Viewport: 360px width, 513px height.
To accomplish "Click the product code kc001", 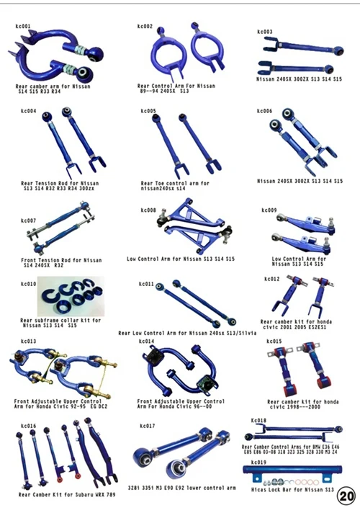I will pyautogui.click(x=23, y=27).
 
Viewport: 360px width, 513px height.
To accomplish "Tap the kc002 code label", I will pyautogui.click(x=145, y=27).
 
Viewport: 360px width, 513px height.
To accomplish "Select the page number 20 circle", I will pyautogui.click(x=346, y=496).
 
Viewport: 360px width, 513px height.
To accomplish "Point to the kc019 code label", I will pyautogui.click(x=258, y=462).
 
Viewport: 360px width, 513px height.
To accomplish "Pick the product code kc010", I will pyautogui.click(x=28, y=284).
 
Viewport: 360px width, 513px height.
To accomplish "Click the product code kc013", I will pyautogui.click(x=28, y=342).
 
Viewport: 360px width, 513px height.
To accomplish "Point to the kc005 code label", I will pyautogui.click(x=148, y=111).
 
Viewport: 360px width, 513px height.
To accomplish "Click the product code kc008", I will pyautogui.click(x=148, y=210).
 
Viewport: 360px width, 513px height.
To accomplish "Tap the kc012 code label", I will pyautogui.click(x=272, y=278).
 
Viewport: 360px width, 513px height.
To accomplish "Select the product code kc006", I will pyautogui.click(x=265, y=111).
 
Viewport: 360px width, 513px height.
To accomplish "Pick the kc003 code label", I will pyautogui.click(x=265, y=32).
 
